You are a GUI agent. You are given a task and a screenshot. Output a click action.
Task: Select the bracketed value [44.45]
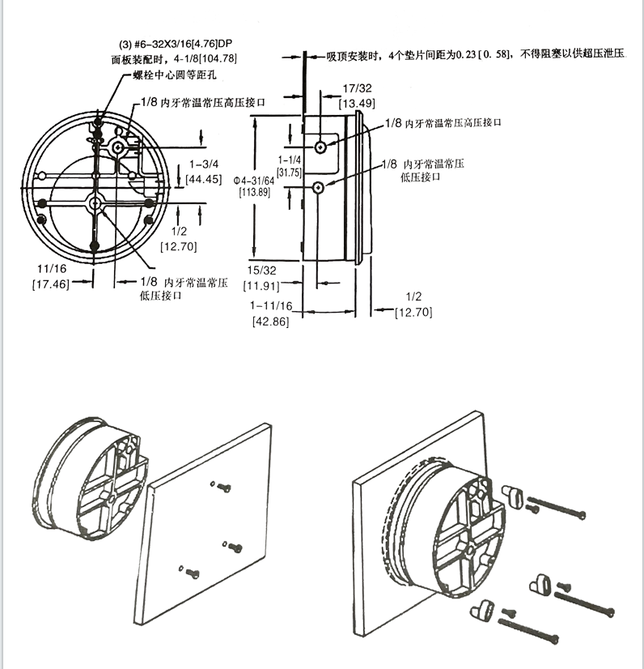click(203, 179)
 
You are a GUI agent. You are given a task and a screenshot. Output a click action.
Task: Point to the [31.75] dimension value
click(289, 173)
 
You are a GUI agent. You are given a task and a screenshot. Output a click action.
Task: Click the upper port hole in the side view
click(321, 147)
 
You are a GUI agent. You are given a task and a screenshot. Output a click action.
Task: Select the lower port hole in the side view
click(320, 188)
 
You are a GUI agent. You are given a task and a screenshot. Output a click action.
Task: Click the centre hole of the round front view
click(95, 204)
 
